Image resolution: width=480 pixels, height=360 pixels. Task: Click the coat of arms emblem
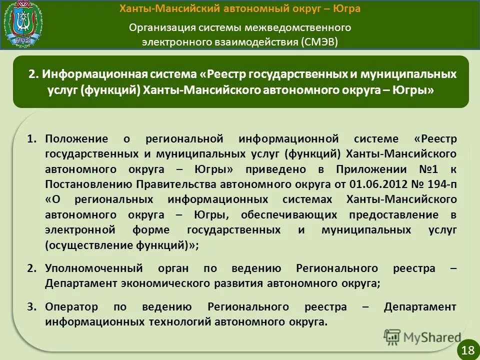tap(23, 23)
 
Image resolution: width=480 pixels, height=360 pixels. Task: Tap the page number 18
tap(468, 350)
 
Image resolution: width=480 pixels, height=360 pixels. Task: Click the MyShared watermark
tap(422, 337)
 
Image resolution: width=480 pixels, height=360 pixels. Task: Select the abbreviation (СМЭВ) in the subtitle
tap(319, 41)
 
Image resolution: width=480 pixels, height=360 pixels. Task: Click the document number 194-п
tap(440, 183)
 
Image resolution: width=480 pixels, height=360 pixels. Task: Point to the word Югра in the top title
tap(345, 9)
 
